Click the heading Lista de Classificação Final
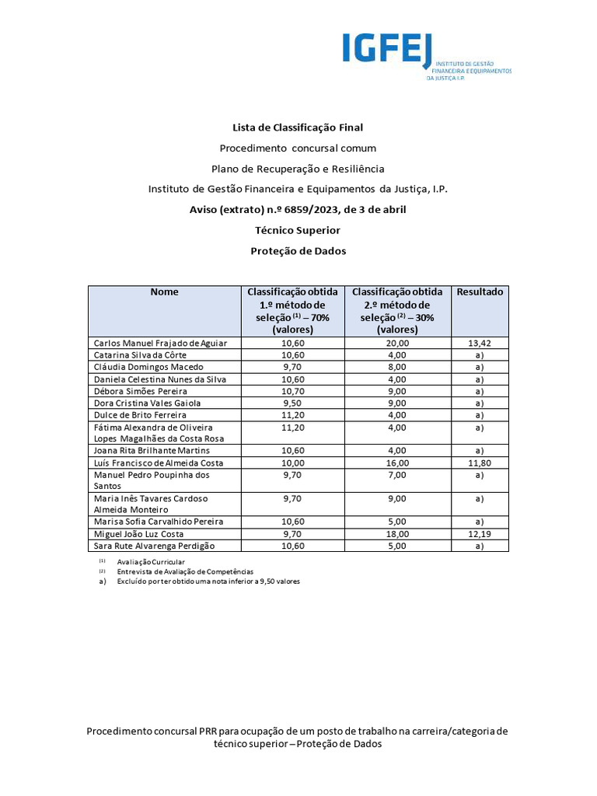(x=298, y=127)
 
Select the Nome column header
(x=164, y=292)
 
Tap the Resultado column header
(x=480, y=292)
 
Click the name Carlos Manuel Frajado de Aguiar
(x=161, y=343)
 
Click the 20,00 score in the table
(x=396, y=343)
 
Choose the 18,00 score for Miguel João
(x=396, y=534)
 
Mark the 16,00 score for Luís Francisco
(x=396, y=463)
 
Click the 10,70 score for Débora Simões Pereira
(x=292, y=391)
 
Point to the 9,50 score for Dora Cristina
(x=292, y=403)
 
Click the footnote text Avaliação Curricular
(x=151, y=561)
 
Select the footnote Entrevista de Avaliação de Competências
(x=185, y=571)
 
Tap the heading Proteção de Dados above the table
(x=298, y=251)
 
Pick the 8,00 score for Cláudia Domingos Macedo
(x=396, y=367)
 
